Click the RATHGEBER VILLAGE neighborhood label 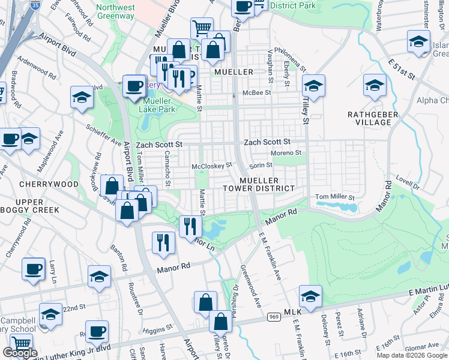pos(369,118)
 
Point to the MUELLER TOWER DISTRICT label pos(267,184)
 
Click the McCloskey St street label pos(211,166)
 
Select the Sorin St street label pos(261,164)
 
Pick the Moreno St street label pos(286,153)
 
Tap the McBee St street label pos(257,93)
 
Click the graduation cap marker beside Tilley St pos(313,86)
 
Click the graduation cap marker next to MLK pos(310,296)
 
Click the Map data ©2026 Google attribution pos(412,355)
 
